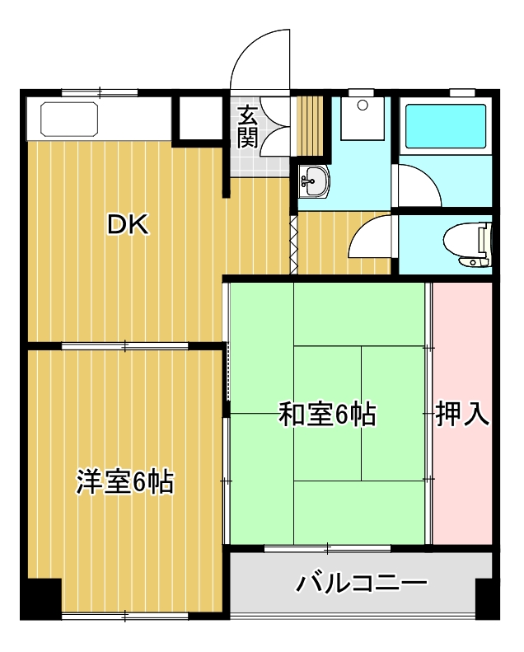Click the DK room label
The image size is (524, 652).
point(129,225)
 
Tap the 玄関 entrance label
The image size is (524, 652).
point(246,127)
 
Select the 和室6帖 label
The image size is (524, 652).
point(327,415)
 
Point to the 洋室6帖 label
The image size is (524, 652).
point(124,482)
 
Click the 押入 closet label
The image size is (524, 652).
point(462,415)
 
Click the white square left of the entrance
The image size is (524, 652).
point(200,119)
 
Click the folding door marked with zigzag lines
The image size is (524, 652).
point(292,244)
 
